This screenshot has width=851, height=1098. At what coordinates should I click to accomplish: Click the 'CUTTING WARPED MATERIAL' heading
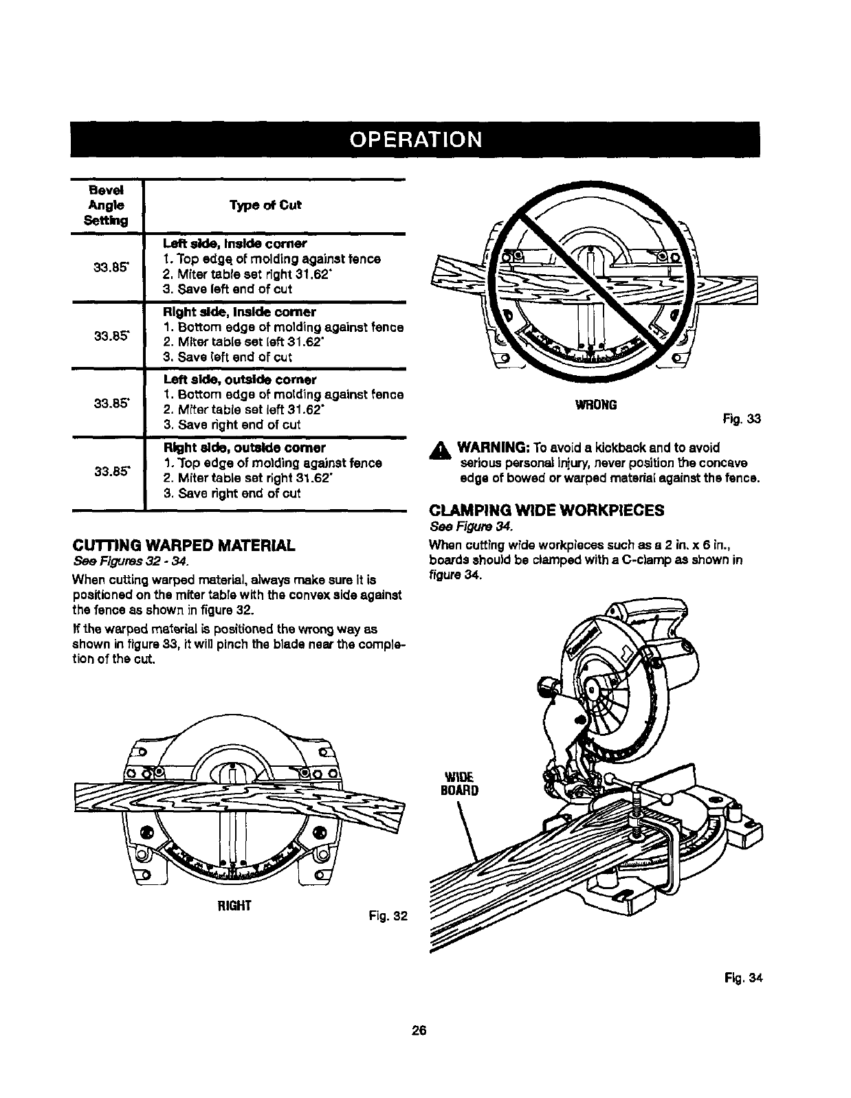pyautogui.click(x=184, y=546)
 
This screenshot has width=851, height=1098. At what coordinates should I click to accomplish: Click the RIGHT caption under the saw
pyautogui.click(x=234, y=905)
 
